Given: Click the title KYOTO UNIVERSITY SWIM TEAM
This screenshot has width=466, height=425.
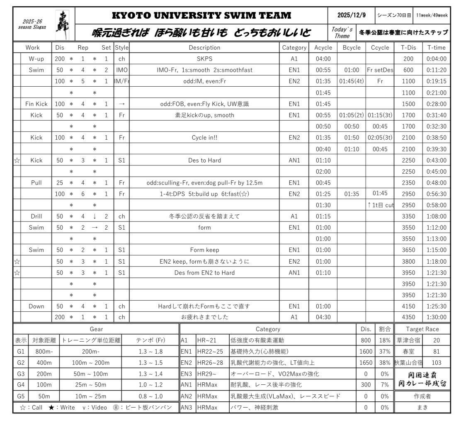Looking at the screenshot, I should (x=201, y=16).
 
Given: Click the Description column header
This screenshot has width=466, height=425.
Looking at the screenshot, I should (x=204, y=48).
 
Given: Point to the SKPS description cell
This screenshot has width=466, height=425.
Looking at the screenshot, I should (x=204, y=59).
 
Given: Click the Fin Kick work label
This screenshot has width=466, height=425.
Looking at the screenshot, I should (x=36, y=104).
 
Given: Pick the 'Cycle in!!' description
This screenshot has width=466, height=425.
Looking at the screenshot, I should (x=204, y=138).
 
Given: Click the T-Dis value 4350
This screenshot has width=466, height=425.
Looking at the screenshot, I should (x=408, y=317).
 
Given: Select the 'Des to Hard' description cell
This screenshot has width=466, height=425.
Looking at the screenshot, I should (x=204, y=160).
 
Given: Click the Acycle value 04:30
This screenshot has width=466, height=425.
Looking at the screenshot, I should (x=323, y=317).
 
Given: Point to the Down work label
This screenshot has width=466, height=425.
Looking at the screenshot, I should (x=36, y=306).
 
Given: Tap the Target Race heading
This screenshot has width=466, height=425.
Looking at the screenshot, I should (x=422, y=329).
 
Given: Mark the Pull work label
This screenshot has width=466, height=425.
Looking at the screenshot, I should (x=36, y=182).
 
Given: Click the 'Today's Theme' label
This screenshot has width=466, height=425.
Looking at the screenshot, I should (x=342, y=32).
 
